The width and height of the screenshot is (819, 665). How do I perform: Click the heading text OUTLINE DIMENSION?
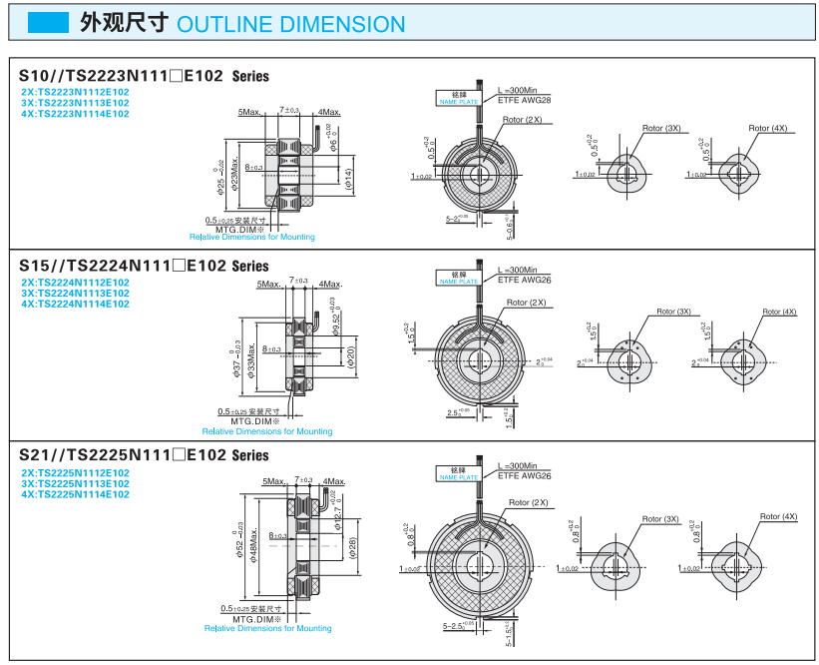pos(290,25)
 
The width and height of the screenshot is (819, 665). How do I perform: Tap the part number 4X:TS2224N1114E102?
pos(75,304)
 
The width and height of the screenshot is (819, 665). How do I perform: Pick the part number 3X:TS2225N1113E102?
pos(75,483)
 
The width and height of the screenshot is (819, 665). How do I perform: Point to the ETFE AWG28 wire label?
pos(524,100)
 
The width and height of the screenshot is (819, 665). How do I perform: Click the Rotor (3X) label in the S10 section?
pos(661,128)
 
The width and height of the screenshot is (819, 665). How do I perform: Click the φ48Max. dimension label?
pos(254,544)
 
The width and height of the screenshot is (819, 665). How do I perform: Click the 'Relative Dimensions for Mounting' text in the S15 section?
pos(267,431)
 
